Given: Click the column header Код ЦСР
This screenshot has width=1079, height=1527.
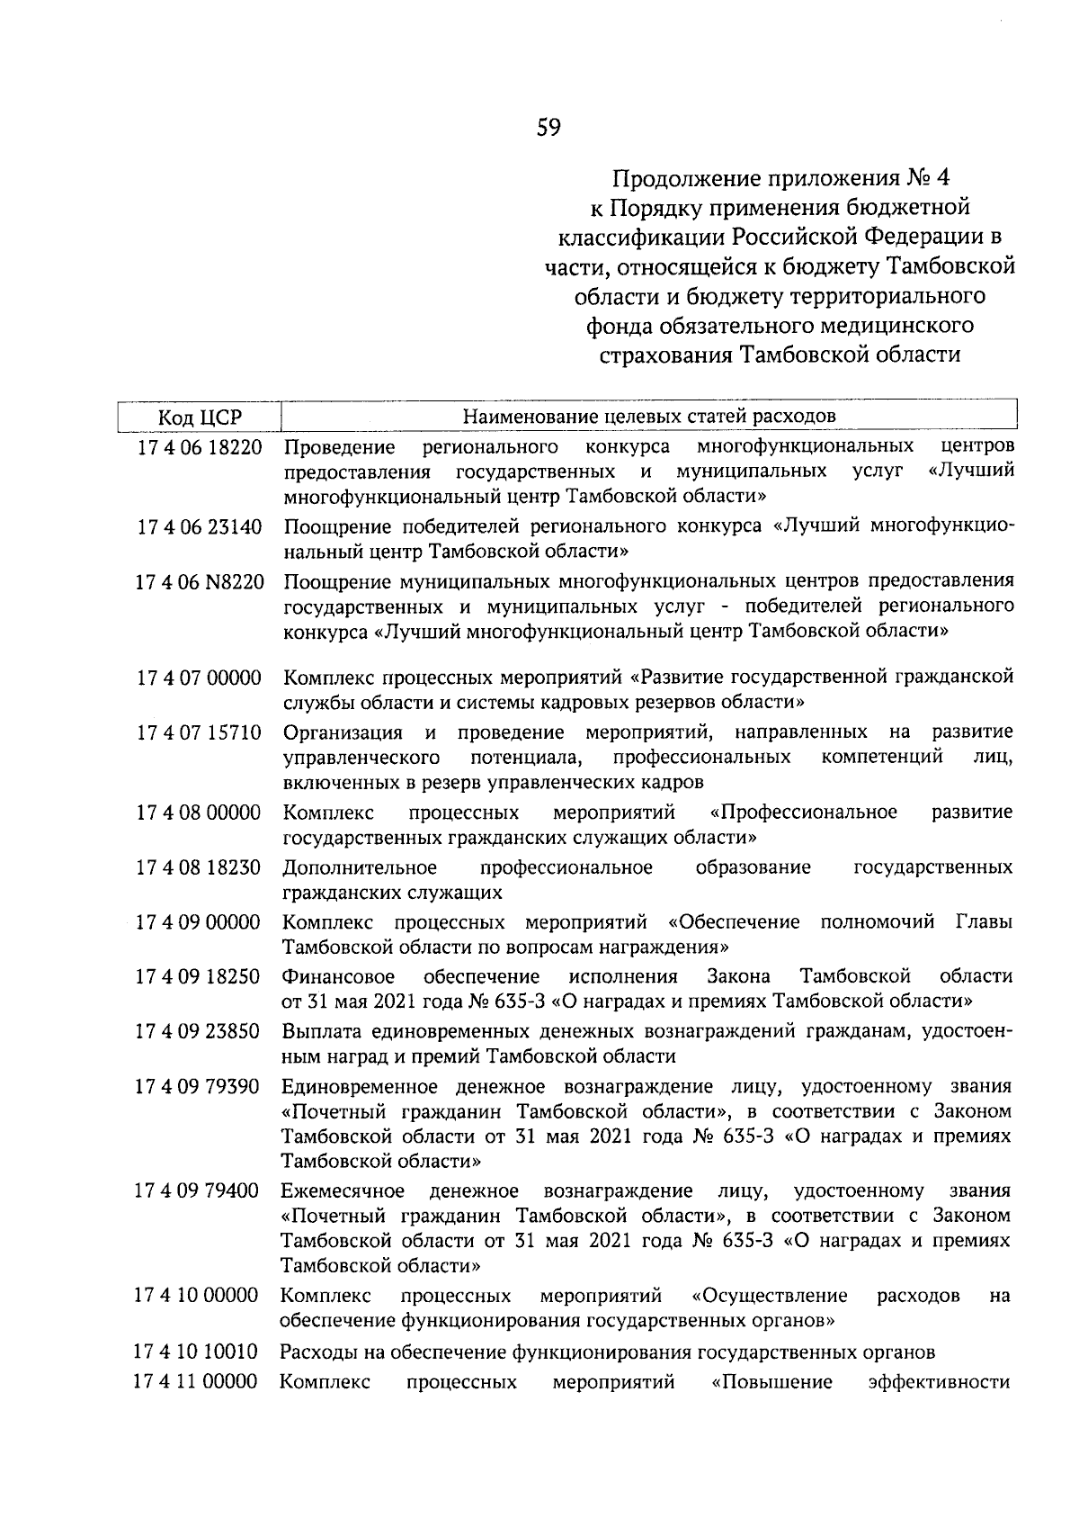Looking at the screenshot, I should point(200,417).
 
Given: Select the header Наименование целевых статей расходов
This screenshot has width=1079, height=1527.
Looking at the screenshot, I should point(648,416).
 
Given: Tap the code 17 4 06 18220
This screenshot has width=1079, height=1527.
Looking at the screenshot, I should point(199,447).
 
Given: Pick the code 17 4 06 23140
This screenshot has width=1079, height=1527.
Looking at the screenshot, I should point(199,526).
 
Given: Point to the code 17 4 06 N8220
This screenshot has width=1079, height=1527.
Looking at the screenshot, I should point(200,582).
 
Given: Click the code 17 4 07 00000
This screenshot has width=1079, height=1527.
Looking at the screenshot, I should point(199,678).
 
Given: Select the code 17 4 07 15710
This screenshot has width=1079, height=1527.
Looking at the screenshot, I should point(199,732).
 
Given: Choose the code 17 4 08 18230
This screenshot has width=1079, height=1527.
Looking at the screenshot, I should point(198,867).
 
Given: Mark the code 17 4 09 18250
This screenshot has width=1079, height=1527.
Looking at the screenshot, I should point(198,977).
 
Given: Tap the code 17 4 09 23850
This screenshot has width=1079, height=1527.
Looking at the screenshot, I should point(198,1032).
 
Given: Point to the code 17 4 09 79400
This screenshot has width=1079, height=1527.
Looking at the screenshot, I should point(197,1191).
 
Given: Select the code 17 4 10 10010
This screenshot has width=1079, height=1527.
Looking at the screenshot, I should point(196,1352).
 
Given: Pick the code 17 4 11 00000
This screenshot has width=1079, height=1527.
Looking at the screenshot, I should point(196,1381).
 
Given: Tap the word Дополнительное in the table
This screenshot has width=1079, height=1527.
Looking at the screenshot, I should point(360,867).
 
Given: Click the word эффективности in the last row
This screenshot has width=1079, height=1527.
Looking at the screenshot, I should point(940,1381).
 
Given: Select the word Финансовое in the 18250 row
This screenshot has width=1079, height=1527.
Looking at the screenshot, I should point(338,977).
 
